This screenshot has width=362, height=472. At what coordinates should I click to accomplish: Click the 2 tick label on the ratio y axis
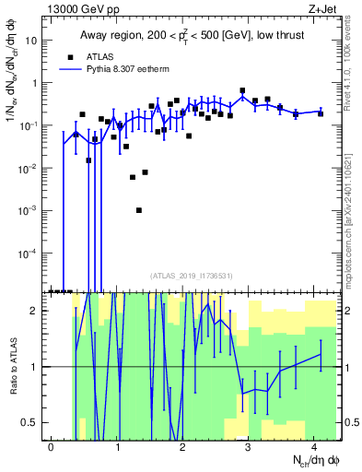click(x=38, y=311)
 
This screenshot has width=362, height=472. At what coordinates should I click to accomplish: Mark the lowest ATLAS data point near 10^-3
click(x=139, y=210)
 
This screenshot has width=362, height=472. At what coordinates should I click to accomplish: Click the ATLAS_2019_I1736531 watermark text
click(x=192, y=275)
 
